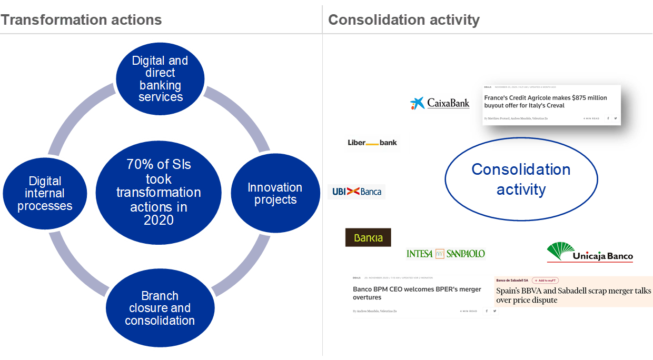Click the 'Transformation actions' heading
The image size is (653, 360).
(81, 20)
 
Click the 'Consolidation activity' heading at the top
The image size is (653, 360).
(403, 20)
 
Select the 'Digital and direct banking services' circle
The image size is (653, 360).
(160, 78)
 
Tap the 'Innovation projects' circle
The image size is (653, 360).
(275, 193)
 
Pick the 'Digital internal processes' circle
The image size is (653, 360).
(45, 193)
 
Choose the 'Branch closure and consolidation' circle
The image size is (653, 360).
(160, 308)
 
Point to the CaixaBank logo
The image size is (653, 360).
(440, 103)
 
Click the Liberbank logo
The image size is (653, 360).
(372, 143)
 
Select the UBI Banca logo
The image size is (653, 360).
(357, 192)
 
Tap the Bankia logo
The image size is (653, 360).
(368, 237)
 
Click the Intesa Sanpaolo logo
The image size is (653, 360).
(446, 254)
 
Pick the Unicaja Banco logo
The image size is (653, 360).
(590, 252)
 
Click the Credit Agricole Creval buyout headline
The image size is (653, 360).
(546, 102)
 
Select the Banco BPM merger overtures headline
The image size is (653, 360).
(417, 293)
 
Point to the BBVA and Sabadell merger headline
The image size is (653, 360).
(573, 295)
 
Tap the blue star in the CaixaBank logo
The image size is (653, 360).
(418, 103)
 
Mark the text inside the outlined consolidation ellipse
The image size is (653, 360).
(521, 179)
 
